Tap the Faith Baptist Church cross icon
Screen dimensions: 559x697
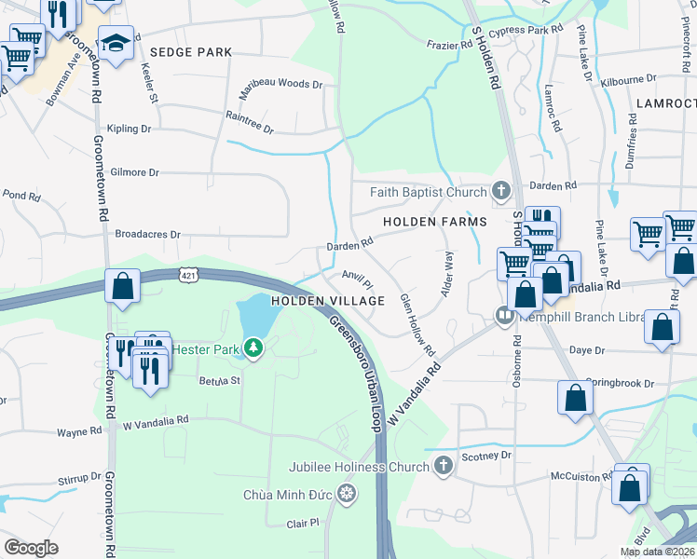tap(501, 192)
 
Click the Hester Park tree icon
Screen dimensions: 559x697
tap(253, 348)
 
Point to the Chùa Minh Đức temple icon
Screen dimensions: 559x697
tap(347, 493)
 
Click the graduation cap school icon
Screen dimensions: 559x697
tap(116, 44)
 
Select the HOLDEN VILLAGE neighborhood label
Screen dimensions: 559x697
tap(328, 301)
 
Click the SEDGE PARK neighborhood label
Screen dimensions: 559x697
tap(189, 52)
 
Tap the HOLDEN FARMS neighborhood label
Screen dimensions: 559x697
tap(435, 222)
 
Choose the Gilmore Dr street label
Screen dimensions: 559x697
tap(135, 172)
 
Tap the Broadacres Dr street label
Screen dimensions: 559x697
tap(147, 235)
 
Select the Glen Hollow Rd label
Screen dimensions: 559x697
tap(417, 325)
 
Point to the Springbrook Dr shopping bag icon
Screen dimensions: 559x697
tap(575, 397)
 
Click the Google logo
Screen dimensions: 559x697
tap(31, 547)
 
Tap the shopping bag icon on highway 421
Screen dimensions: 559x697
tap(122, 285)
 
